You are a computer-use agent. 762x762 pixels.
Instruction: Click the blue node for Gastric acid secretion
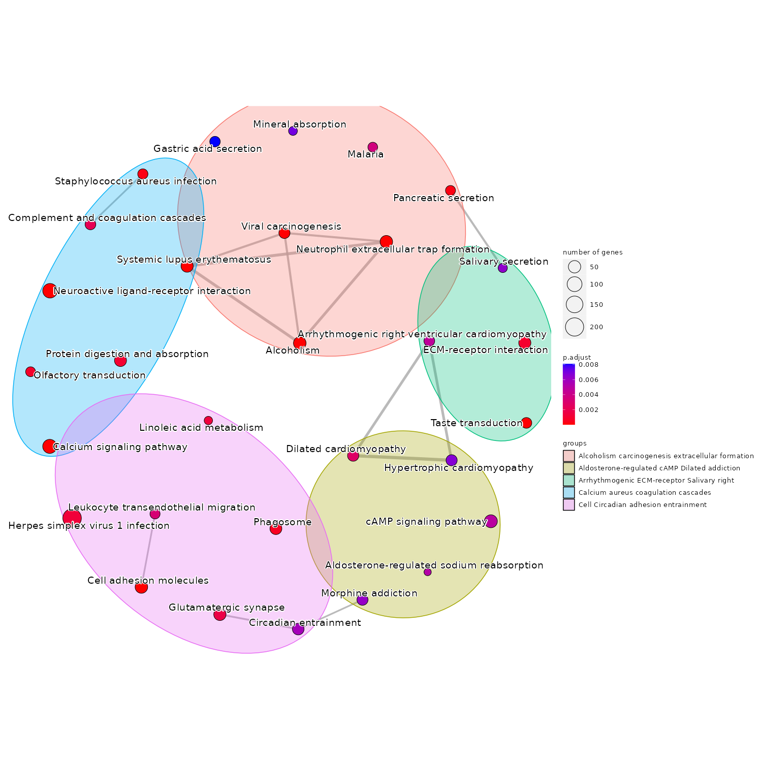215,141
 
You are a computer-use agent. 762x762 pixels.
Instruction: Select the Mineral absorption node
293,131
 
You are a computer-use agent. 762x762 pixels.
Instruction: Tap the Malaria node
372,147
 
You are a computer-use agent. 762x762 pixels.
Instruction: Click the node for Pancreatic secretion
450,190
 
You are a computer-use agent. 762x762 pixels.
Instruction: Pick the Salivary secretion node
502,268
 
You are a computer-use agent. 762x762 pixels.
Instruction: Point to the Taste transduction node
526,423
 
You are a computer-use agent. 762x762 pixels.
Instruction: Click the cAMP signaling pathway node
491,521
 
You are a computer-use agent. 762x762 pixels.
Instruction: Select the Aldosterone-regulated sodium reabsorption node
427,572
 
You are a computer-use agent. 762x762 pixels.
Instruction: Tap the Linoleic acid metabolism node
208,420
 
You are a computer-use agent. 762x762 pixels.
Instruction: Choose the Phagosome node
276,529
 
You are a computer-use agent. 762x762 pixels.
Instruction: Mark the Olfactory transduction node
30,371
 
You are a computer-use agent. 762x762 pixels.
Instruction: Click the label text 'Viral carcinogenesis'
291,226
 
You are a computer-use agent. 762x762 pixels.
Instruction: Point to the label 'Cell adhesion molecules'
148,580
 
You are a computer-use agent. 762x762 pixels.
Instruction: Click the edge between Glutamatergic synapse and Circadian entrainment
259,622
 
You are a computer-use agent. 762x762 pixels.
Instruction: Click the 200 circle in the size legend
575,327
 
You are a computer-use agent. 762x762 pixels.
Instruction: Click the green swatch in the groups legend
568,480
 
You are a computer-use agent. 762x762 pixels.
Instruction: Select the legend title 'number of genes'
592,252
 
